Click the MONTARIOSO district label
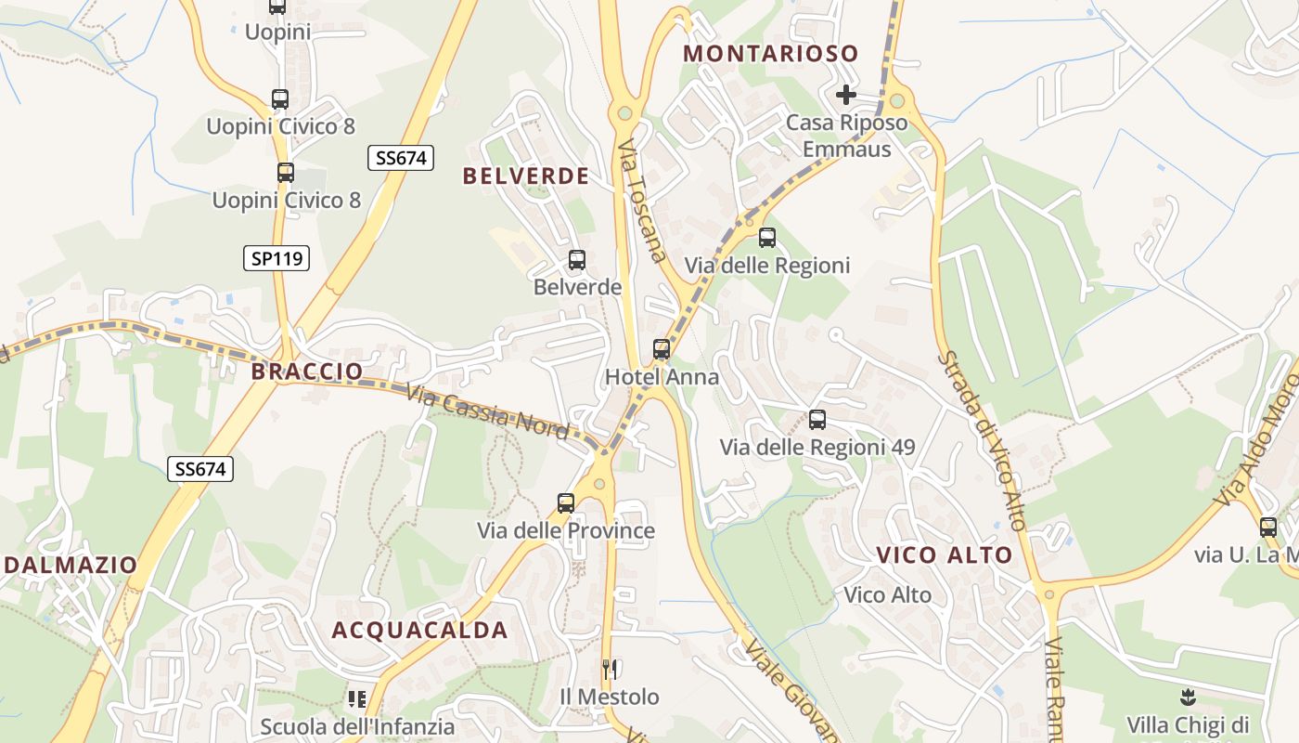770,54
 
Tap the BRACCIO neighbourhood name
307,371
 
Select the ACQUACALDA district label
419,630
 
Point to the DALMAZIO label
71,564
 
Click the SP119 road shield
277,258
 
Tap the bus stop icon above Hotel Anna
662,349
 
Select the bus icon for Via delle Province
566,503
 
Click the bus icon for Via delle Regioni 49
817,420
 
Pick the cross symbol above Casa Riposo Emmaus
845,95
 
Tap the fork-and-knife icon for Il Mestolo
610,669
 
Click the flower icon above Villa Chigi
1188,697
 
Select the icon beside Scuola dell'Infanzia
357,698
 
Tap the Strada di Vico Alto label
983,440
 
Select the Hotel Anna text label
662,377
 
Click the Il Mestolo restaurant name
610,697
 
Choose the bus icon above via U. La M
1268,528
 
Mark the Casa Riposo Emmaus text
846,136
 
